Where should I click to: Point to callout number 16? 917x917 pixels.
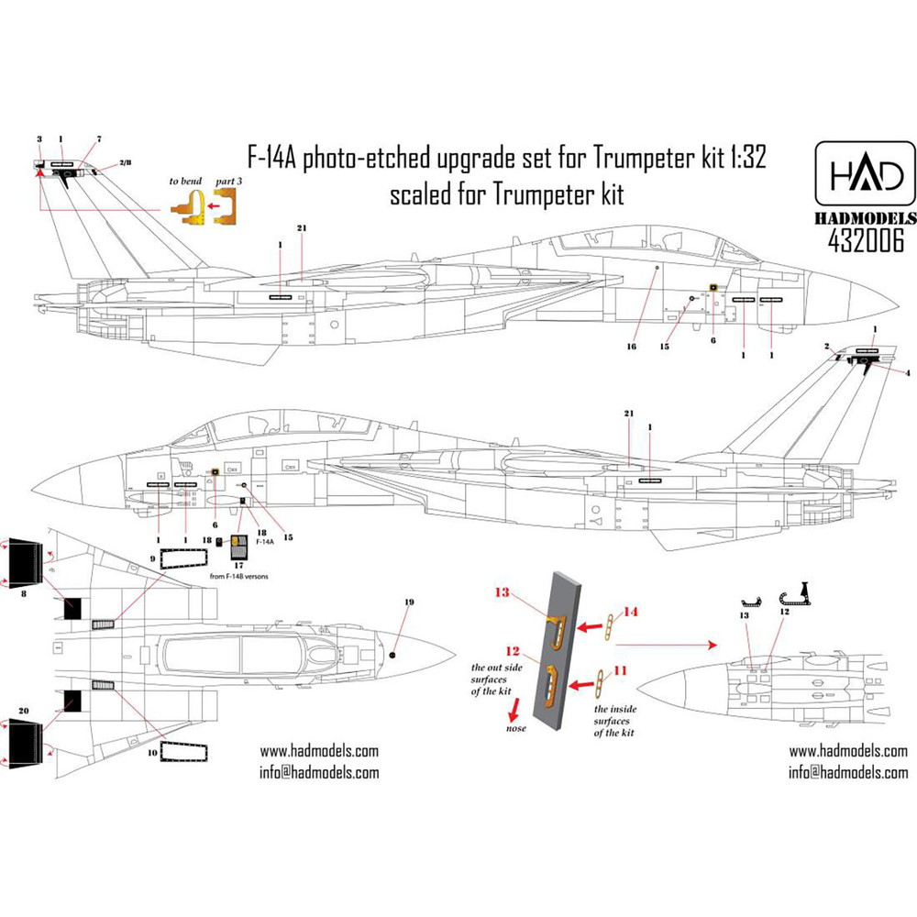pyautogui.click(x=632, y=348)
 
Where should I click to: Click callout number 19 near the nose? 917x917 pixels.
pyautogui.click(x=409, y=602)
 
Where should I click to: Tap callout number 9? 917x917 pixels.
pyautogui.click(x=152, y=558)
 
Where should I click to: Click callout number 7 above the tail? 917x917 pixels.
pyautogui.click(x=98, y=139)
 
